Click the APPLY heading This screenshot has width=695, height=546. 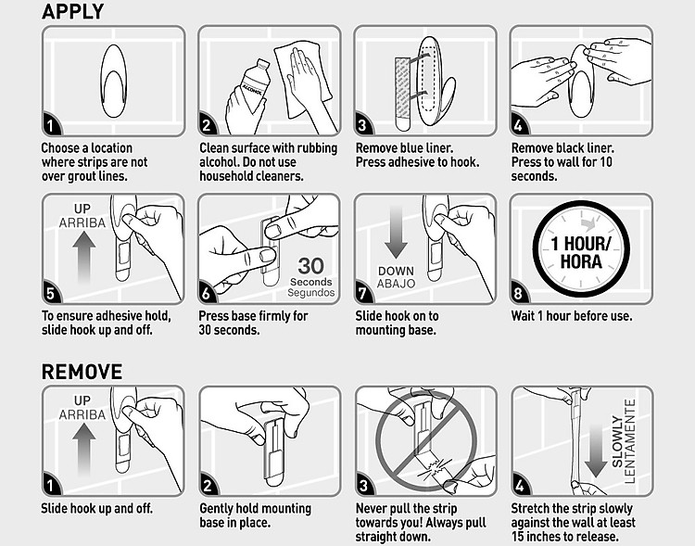click(x=72, y=11)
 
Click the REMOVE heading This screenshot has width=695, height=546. click(x=82, y=372)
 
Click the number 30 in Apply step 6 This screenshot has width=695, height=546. click(x=310, y=266)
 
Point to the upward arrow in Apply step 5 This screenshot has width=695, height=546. click(x=83, y=258)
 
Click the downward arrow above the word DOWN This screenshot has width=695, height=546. click(x=396, y=232)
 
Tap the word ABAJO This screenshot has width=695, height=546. click(x=396, y=284)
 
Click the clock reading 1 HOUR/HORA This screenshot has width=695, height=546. click(x=581, y=248)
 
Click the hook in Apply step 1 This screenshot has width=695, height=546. click(x=113, y=81)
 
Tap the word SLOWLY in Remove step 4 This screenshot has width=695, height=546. click(x=617, y=441)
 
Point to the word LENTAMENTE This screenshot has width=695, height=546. click(x=630, y=441)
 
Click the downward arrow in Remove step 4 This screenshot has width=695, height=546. click(x=596, y=450)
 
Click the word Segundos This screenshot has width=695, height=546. click(x=311, y=293)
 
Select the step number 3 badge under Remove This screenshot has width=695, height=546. click(x=363, y=485)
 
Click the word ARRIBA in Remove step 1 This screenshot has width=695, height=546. click(x=82, y=414)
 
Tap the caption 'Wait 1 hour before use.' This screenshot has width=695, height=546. click(x=572, y=316)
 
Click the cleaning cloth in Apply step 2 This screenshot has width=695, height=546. click(x=303, y=80)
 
